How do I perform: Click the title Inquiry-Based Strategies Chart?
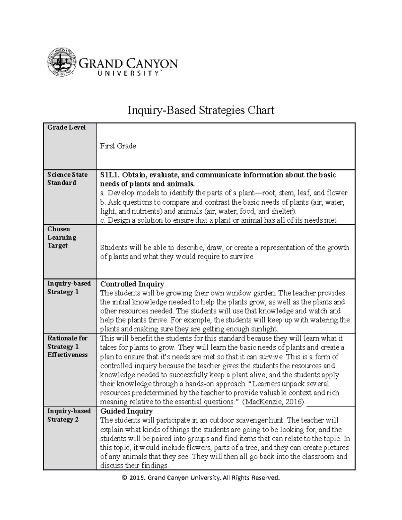click(201, 110)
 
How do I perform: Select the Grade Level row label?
click(66, 128)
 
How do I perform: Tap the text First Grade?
click(118, 146)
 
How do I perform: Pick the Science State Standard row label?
click(67, 178)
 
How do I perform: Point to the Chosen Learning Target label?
click(62, 237)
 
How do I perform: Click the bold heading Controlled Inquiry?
click(132, 284)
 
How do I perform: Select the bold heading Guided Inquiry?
click(126, 411)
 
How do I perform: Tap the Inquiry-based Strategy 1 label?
click(69, 288)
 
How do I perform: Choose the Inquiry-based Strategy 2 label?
click(69, 415)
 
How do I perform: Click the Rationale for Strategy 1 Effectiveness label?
click(67, 347)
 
